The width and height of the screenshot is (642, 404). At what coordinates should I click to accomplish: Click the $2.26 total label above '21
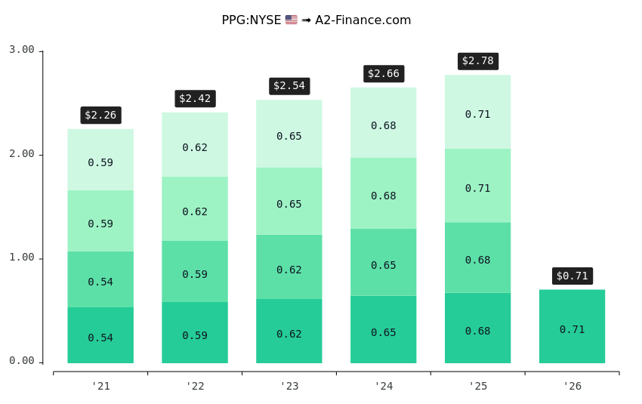click(x=100, y=116)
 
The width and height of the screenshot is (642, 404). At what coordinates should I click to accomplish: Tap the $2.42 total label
click(x=195, y=99)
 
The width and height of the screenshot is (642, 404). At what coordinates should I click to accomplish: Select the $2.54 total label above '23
click(x=289, y=86)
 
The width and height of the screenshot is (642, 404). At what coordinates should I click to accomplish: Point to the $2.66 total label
click(x=384, y=74)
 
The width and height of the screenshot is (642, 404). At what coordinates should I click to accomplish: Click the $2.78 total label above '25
click(x=478, y=61)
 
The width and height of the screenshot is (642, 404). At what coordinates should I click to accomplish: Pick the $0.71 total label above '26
click(x=572, y=276)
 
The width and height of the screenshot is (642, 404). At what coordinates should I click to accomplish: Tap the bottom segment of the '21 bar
click(x=100, y=335)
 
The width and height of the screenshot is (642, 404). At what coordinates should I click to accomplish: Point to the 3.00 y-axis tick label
click(x=22, y=50)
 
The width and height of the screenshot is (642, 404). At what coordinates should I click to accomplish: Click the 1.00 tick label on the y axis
click(x=22, y=258)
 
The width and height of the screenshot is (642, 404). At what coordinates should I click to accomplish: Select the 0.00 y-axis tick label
click(x=22, y=361)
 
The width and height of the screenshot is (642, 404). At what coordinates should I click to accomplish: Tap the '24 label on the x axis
click(x=384, y=386)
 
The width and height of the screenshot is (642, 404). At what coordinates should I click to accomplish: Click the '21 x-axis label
click(x=100, y=386)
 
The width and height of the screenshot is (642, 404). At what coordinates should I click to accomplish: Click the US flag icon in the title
click(x=292, y=20)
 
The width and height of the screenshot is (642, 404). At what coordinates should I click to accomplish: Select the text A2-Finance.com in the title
click(x=363, y=20)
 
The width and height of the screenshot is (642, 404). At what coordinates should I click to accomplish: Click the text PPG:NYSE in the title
click(x=251, y=20)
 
